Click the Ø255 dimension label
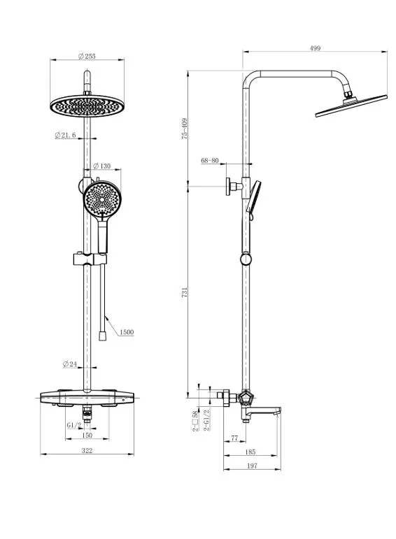pos(87,56)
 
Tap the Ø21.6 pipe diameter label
pos(65,135)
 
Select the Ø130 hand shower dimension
pos(102,166)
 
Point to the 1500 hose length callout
pos(127,332)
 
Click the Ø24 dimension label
pos(70,364)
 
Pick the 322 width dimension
pos(87,450)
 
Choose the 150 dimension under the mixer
pos(87,436)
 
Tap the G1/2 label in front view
pos(74,425)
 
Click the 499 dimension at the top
pos(315,48)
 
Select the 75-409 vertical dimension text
pos(185,129)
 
